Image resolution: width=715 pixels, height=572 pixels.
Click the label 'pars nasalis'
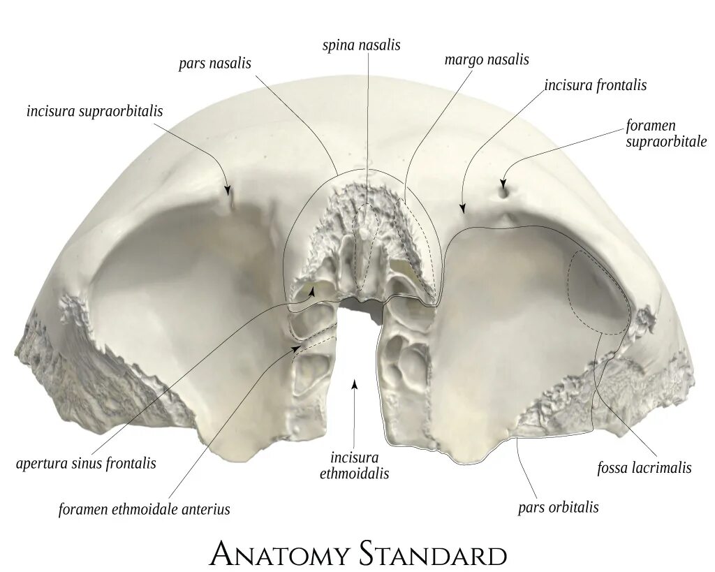(x=214, y=64)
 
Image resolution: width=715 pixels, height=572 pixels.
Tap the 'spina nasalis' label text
(x=361, y=45)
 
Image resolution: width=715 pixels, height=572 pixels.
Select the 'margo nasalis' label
(x=487, y=60)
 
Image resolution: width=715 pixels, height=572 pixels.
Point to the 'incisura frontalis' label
(x=596, y=85)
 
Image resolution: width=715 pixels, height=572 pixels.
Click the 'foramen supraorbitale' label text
(x=666, y=133)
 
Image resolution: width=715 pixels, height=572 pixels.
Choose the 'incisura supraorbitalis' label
(x=94, y=111)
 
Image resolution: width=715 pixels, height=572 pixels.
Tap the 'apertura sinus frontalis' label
(x=86, y=463)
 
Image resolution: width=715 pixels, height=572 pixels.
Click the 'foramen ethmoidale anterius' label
(x=144, y=509)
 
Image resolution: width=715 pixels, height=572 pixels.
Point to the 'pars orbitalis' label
(x=558, y=507)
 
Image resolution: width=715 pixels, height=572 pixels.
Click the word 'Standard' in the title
(x=433, y=555)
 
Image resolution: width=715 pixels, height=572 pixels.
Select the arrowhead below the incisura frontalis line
(x=463, y=207)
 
